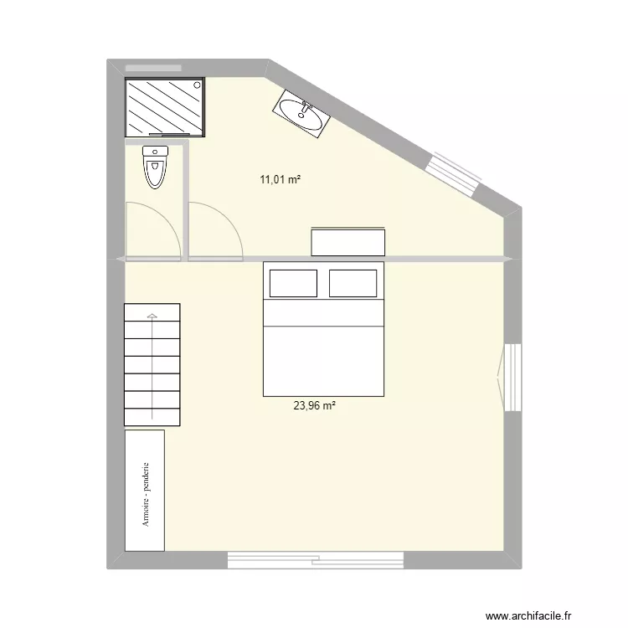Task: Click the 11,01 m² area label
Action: point(281,178)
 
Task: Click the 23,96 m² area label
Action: point(314,406)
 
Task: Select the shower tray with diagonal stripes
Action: point(164,106)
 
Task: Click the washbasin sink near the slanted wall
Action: point(300,113)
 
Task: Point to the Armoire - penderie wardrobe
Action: point(144,491)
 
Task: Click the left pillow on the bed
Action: point(293,283)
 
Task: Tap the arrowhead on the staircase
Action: point(152,317)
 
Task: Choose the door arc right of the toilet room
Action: point(215,230)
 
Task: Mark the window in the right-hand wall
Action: point(512,377)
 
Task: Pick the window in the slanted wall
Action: point(454,171)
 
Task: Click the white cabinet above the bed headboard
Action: point(348,241)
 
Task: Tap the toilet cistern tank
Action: point(156,151)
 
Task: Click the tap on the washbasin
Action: point(306,107)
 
